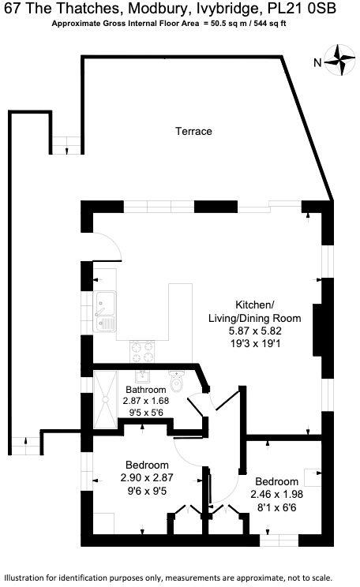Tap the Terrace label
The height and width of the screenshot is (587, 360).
pos(193,131)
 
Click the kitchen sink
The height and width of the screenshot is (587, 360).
pos(105,311)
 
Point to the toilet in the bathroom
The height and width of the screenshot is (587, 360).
pos(179,383)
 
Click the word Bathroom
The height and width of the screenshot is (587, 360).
pos(145,390)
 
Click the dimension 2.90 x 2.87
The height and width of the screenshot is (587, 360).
pos(146,477)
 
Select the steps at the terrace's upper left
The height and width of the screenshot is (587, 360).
pos(67,145)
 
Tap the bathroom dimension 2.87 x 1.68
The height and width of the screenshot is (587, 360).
pos(146,401)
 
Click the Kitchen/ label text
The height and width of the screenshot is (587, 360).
pos(255,305)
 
